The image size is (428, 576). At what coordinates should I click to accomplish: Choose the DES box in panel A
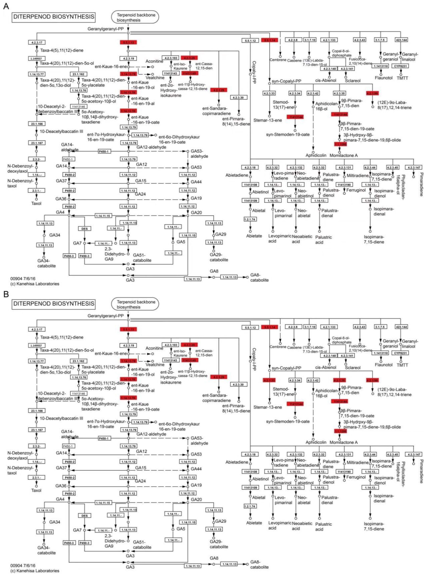tap(84, 229)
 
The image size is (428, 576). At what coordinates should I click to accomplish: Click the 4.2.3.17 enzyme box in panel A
tap(36, 42)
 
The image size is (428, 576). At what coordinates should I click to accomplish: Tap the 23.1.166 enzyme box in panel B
tap(36, 411)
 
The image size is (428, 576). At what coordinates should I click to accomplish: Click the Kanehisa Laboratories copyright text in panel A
tap(35, 284)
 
